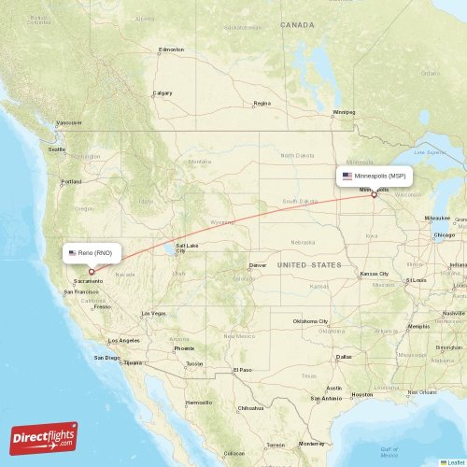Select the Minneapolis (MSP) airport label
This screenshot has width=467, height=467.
[x=375, y=176]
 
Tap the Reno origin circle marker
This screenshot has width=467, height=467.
[x=92, y=272]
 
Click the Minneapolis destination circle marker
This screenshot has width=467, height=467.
[x=375, y=194]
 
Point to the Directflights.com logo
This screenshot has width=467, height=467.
[x=44, y=436]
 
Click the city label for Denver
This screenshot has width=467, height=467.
[x=257, y=265]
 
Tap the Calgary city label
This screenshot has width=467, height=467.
[x=163, y=93]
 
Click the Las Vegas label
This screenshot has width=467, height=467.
[x=153, y=313]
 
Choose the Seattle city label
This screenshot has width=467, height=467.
[x=58, y=149]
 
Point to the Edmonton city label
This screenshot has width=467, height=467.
[x=172, y=50]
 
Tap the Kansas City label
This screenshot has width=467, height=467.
[x=375, y=274]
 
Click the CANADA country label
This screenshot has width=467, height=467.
[x=297, y=25]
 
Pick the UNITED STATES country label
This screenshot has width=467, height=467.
[x=310, y=265]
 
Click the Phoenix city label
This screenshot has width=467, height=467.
[x=184, y=348]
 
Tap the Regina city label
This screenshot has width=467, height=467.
[x=262, y=103]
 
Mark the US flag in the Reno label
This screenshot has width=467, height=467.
[x=73, y=252]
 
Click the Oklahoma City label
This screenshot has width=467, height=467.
[x=311, y=321]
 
